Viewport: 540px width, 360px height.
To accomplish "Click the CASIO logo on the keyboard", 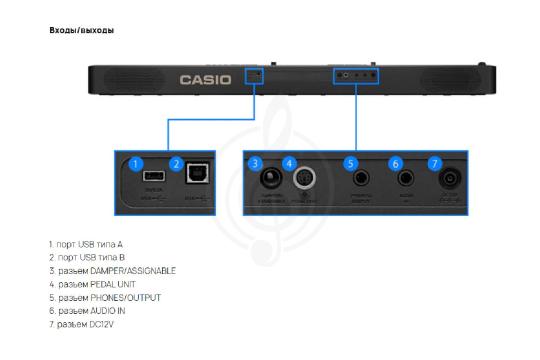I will coord(204,79).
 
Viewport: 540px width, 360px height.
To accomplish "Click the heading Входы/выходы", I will coord(82,30).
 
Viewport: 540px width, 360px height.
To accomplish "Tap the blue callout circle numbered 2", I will coord(176,163).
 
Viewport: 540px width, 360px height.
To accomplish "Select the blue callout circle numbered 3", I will coord(256,163).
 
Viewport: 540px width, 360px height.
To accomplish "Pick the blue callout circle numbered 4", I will coord(290,163).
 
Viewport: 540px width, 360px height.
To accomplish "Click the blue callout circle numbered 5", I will coord(350,163).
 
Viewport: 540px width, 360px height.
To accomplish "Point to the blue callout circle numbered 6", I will coord(395,163).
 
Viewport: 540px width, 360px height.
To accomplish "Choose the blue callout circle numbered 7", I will coord(434,163).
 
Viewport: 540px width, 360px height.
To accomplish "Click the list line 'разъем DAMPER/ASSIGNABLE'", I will coord(112,271).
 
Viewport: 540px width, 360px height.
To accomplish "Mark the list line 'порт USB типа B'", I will coord(86,258).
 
